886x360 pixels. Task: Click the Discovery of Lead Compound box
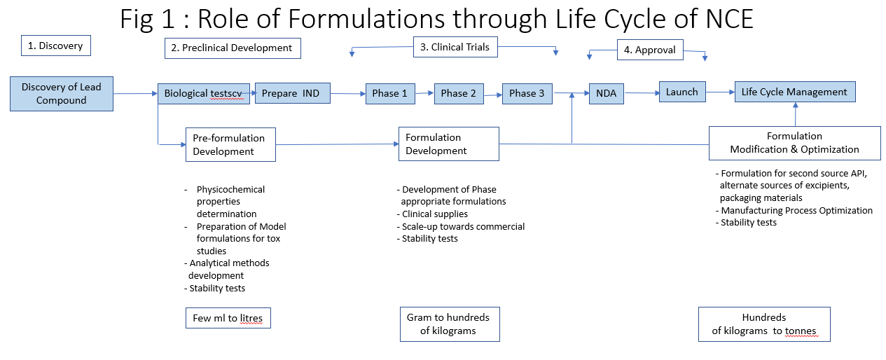tap(62, 94)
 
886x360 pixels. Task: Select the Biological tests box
tap(205, 93)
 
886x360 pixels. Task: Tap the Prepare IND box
tap(292, 93)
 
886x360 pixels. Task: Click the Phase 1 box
tap(390, 93)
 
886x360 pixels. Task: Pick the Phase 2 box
tap(459, 93)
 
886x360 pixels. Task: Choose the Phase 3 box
tap(527, 93)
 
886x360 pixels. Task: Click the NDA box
tap(607, 92)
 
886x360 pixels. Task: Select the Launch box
tap(682, 92)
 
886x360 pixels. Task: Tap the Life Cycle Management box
tap(794, 92)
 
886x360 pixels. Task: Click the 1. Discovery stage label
tap(56, 46)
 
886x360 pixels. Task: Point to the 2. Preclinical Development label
tap(233, 48)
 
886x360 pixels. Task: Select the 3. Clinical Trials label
tap(454, 48)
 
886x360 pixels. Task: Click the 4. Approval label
tap(650, 50)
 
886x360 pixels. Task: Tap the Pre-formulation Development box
tap(230, 144)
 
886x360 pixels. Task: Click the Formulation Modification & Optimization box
tap(794, 143)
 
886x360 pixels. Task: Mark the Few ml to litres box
tap(228, 318)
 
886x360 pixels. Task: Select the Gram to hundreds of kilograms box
tap(449, 324)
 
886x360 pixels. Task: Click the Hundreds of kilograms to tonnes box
tap(764, 324)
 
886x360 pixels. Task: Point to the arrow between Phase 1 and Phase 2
tap(424, 92)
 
